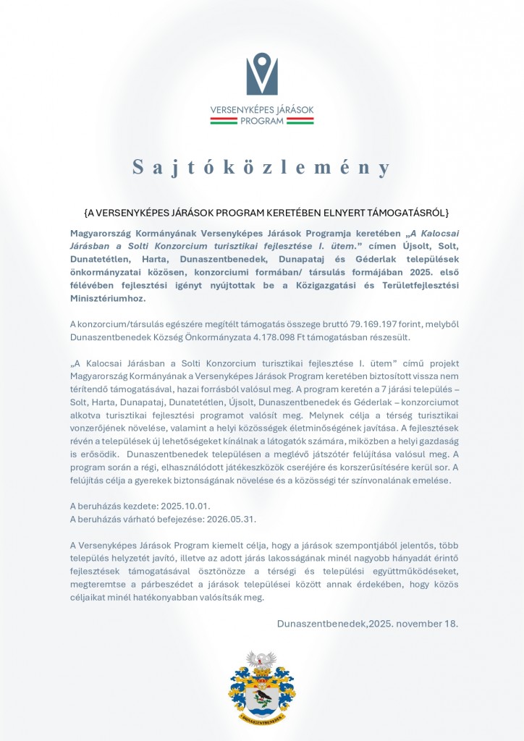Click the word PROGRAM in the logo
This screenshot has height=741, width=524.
(262, 121)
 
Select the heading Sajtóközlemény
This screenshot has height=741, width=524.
(262, 167)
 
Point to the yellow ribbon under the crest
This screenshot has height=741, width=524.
(262, 719)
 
